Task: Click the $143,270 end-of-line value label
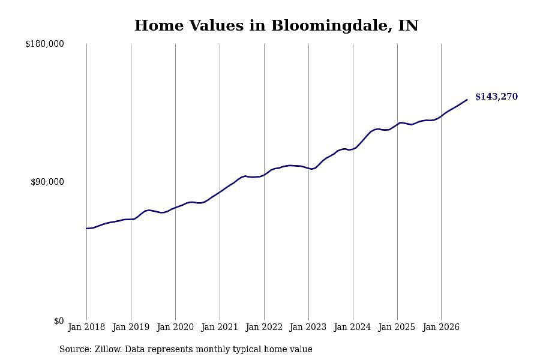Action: [496, 97]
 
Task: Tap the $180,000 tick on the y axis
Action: [44, 44]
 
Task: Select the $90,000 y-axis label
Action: [47, 182]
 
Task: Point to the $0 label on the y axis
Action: [59, 321]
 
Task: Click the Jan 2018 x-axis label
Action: [86, 327]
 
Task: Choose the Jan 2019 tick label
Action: [131, 327]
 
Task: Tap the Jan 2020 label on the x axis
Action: [175, 327]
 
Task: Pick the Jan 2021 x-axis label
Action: [220, 327]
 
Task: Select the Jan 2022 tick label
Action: [264, 327]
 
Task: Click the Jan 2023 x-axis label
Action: [308, 327]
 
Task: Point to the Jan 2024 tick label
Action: [353, 327]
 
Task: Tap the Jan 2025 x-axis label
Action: [397, 327]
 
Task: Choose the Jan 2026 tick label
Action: [441, 327]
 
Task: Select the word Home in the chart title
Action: [159, 25]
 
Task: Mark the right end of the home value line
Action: [467, 100]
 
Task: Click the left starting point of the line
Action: [87, 229]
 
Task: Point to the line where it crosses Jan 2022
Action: [264, 175]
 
